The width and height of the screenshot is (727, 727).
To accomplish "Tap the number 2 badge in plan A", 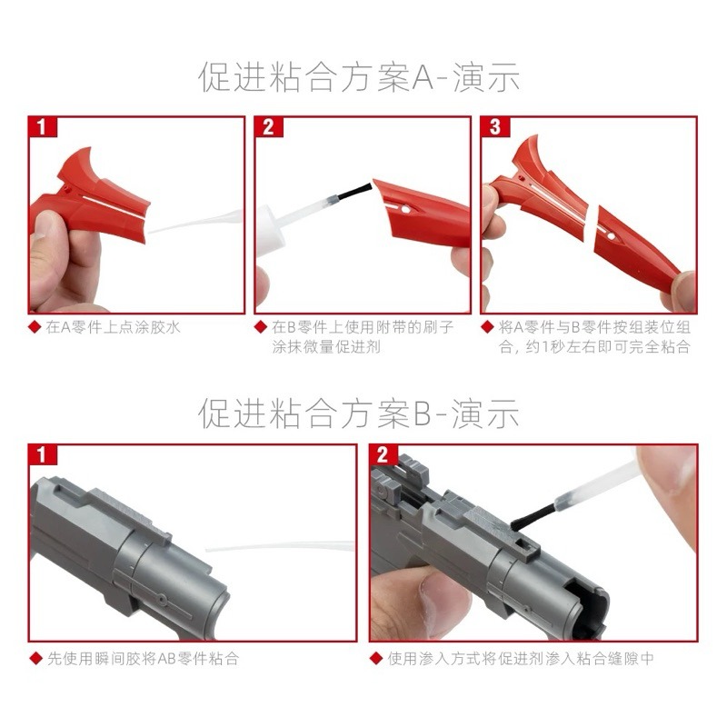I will [x=267, y=127].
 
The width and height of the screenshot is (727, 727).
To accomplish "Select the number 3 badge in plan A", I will [x=493, y=127].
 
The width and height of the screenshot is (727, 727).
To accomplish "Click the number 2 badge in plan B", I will [x=382, y=454].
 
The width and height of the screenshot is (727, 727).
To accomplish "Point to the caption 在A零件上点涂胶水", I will [x=113, y=327].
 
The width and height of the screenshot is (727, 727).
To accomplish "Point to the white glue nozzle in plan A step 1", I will [x=195, y=222].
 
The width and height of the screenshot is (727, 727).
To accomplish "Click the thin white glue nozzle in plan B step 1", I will [x=282, y=548].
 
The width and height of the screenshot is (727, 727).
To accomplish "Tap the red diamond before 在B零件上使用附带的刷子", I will [x=262, y=327].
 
